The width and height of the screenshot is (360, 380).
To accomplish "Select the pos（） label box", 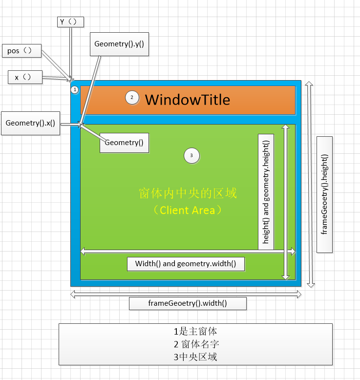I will point(21,51).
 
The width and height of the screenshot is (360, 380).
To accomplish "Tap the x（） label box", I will point(25,77).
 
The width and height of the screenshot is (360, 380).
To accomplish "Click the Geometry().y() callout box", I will point(119,43).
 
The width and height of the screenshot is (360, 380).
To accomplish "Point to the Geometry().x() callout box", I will point(30,124).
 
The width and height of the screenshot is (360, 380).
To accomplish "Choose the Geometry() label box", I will point(124,143).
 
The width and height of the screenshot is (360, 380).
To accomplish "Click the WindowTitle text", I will point(188,100).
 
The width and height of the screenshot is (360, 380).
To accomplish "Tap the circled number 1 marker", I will point(74,90).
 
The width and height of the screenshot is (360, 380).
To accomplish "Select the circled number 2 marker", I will point(132,97).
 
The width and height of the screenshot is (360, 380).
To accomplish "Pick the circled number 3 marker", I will point(191,156).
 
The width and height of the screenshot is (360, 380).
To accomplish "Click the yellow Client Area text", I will point(188,211).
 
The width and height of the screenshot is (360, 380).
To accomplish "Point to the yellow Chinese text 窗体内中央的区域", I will point(188,193).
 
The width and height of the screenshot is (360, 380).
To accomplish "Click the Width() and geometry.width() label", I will point(186,264).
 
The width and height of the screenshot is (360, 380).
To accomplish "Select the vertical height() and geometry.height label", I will point(266,191).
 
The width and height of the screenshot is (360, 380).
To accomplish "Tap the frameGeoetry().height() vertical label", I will point(324,194).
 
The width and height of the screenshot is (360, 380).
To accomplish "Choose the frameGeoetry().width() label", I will point(188,303).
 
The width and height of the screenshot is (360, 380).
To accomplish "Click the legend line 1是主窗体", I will point(195,331).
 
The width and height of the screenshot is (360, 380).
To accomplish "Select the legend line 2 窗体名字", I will point(195,344).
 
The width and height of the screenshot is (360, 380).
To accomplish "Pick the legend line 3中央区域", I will point(195,357).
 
